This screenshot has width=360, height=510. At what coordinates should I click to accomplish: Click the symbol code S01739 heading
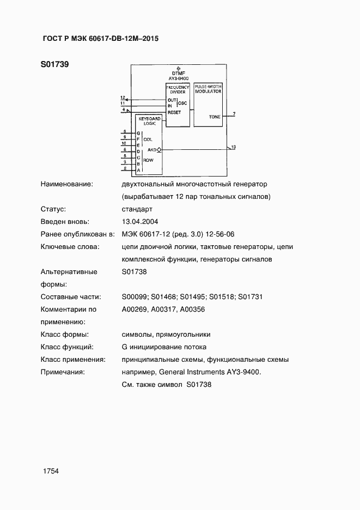[54, 65]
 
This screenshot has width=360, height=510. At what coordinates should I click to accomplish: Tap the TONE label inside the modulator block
[215, 117]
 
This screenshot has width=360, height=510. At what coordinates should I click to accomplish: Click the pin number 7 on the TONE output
[234, 113]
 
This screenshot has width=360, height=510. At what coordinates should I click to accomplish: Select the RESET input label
[174, 112]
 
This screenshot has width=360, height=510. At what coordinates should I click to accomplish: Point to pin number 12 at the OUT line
[123, 97]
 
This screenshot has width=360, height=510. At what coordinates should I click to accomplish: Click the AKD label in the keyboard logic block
[152, 149]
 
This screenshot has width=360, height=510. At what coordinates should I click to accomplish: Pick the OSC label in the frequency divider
[183, 103]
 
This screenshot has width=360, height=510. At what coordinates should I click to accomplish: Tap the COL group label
[148, 139]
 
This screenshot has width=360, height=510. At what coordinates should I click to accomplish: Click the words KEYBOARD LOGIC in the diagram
[149, 121]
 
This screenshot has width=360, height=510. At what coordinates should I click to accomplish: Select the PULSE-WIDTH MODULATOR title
[208, 89]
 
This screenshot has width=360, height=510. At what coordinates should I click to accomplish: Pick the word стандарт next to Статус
[137, 209]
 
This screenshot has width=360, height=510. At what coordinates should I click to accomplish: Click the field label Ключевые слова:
[70, 247]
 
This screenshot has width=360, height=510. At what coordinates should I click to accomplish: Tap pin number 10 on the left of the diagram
[124, 143]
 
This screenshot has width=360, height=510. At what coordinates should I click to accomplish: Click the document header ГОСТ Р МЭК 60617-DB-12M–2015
[100, 39]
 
